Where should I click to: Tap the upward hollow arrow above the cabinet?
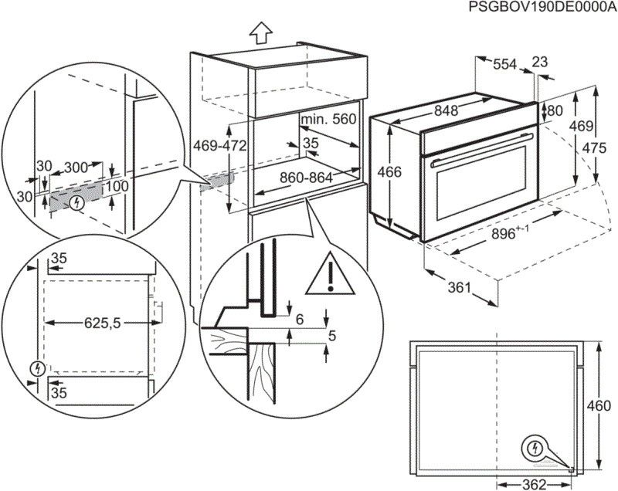click(x=261, y=32)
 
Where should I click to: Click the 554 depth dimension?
click(x=504, y=66)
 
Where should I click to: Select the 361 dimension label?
click(x=459, y=288)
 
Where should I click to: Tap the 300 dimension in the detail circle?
click(x=75, y=167)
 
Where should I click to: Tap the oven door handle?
click(x=479, y=159)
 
